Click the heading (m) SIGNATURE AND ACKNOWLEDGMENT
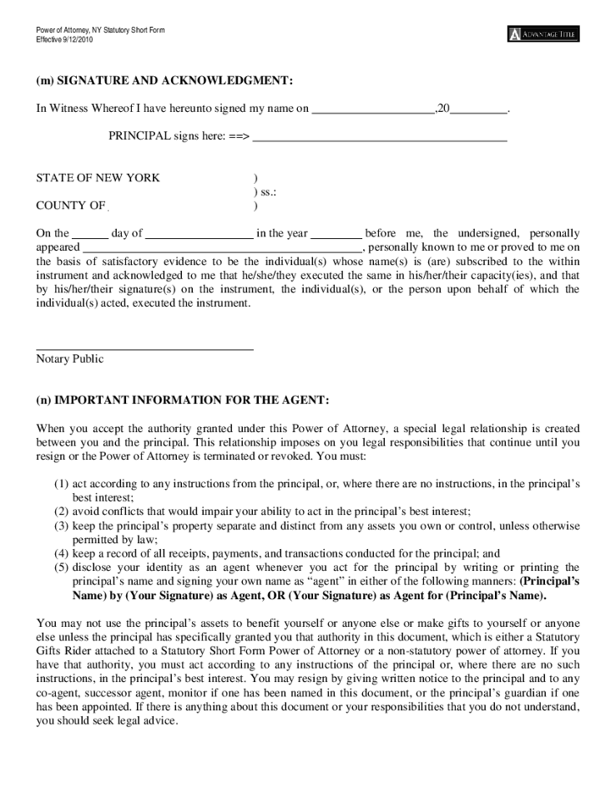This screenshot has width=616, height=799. coord(165,80)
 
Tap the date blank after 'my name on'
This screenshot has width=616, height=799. coord(373,110)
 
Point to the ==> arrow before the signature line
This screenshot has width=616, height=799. coord(239,136)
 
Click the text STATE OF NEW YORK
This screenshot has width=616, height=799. coord(98,178)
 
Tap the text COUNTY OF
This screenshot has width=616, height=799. coord(71,205)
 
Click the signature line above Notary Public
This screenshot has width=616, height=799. coord(145,347)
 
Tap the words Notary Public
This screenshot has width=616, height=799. coord(69,359)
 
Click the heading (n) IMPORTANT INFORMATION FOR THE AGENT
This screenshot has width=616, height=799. coord(183,400)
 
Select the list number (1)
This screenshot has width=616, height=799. coord(61,484)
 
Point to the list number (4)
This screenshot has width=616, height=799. coord(61,553)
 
